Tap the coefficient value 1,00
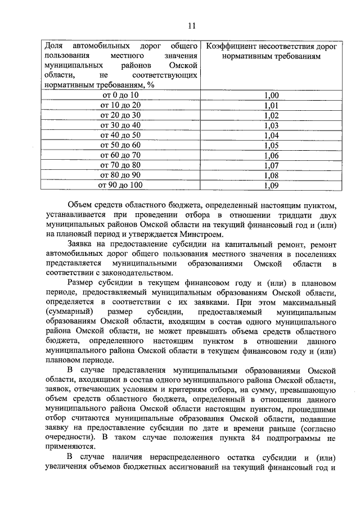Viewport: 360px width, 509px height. tap(271, 95)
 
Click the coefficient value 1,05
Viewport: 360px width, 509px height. tap(271, 145)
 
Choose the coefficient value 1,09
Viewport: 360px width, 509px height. tap(271, 184)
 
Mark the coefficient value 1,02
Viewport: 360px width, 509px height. tap(271, 115)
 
